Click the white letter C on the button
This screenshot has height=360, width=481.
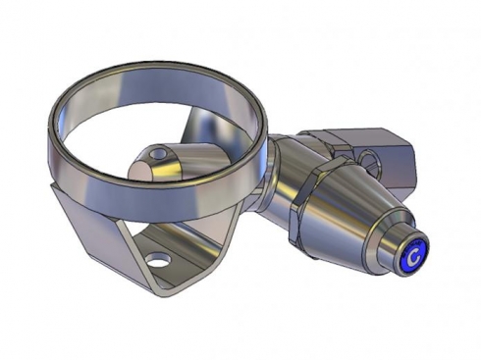(414, 256)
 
